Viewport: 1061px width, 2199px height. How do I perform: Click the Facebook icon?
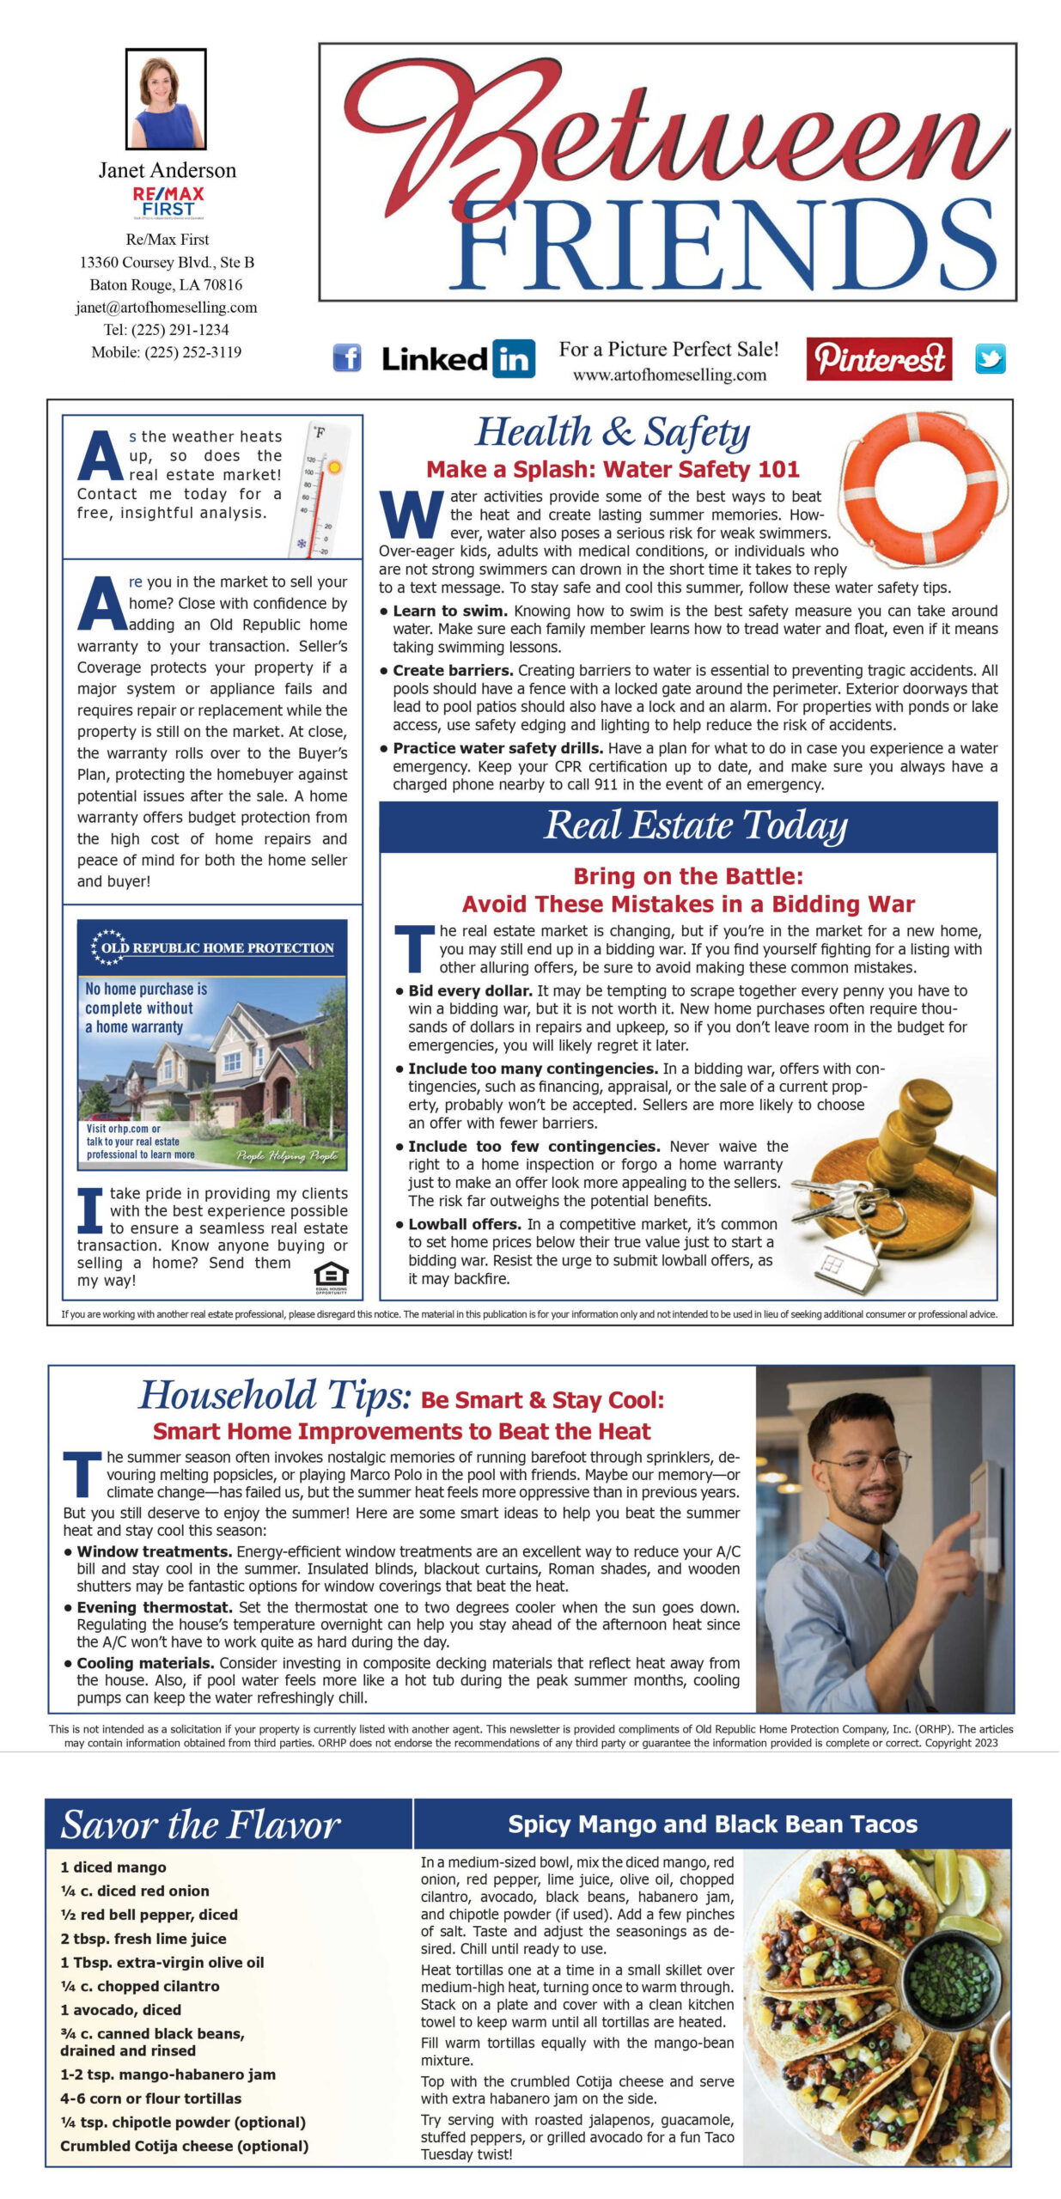(x=347, y=357)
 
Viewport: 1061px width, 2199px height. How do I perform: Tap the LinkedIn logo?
(x=458, y=359)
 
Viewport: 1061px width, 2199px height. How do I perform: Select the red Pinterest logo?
(x=878, y=358)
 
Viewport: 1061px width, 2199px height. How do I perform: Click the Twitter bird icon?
(x=990, y=358)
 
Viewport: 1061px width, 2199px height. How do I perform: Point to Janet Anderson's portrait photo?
(x=166, y=100)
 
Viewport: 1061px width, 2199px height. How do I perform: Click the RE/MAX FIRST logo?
(x=168, y=202)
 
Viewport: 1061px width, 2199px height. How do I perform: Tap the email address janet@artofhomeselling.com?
(x=166, y=307)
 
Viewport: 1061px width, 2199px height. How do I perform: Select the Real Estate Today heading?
(x=696, y=825)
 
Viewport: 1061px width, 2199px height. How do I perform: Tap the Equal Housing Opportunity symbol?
(x=331, y=1276)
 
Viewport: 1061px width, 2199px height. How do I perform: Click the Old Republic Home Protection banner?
(x=212, y=947)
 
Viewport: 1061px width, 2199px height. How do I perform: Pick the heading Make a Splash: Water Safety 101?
(x=613, y=469)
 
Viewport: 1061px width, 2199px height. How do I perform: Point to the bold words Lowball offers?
(x=465, y=1224)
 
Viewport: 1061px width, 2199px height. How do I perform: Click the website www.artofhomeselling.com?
(x=669, y=375)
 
